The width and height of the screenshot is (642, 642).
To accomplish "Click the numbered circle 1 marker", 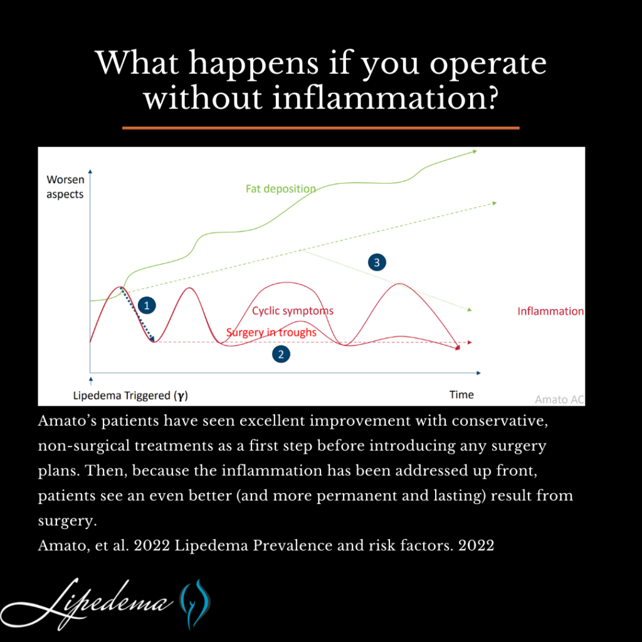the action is coord(147,305).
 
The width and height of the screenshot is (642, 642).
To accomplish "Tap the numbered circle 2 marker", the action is coord(281,354).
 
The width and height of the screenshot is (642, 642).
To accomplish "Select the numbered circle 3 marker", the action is coord(377,263).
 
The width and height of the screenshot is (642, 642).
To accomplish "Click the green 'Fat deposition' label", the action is coord(280,189).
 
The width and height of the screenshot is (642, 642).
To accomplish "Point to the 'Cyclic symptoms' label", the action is coord(293,311).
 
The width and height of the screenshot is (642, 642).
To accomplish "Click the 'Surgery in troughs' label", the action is coord(271,332).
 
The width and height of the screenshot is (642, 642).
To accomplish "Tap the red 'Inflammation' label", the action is coord(550,311).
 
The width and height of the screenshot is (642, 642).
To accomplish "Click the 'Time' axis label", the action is coord(461,395).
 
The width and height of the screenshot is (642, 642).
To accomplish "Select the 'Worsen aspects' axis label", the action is coord(65,187).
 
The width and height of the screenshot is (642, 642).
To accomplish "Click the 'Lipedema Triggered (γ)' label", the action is coord(130,396).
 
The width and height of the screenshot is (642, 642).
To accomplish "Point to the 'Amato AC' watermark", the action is coord(559,399).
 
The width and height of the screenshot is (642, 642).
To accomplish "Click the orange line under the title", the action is coord(320,128).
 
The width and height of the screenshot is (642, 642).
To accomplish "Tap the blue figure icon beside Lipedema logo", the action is coord(195,604).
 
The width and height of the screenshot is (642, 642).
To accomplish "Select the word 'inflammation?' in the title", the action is coord(385,98).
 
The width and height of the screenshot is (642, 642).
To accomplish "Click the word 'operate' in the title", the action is coord(488,63).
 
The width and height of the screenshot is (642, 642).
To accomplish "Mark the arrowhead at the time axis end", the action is coord(478,373).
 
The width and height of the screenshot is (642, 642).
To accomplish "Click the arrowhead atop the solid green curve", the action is coord(475,152).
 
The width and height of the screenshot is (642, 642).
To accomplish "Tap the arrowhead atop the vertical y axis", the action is coord(90,171).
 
